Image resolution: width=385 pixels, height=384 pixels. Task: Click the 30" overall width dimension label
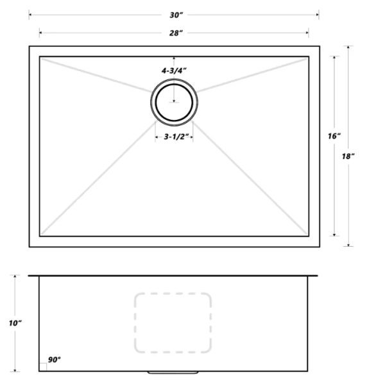click(174, 13)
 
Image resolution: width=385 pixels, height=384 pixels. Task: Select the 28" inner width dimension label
click(174, 32)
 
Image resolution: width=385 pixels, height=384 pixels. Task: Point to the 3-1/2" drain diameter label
click(175, 136)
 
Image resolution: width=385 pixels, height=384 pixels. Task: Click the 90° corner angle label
click(55, 360)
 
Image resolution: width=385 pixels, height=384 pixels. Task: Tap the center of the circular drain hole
click(175, 103)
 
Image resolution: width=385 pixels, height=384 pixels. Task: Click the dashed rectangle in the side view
click(173, 322)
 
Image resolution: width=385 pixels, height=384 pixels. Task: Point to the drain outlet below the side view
click(173, 372)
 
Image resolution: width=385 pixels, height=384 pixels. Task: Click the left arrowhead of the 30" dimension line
click(30, 13)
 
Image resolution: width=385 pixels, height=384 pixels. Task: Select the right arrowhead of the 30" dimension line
click(318, 13)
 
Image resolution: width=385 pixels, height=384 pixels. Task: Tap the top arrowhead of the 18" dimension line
click(348, 47)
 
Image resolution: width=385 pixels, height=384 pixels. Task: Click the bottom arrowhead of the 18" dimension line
click(348, 245)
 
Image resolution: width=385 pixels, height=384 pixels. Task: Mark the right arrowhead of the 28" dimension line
click(307, 32)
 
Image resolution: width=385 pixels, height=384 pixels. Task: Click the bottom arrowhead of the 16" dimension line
click(334, 235)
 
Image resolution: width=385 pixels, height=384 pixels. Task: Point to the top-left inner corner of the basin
click(40, 57)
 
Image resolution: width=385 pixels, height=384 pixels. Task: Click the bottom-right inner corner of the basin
click(309, 236)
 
